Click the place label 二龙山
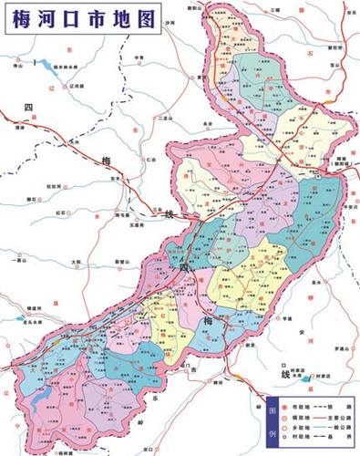click(x=164, y=117)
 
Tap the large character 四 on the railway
click(x=28, y=108)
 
